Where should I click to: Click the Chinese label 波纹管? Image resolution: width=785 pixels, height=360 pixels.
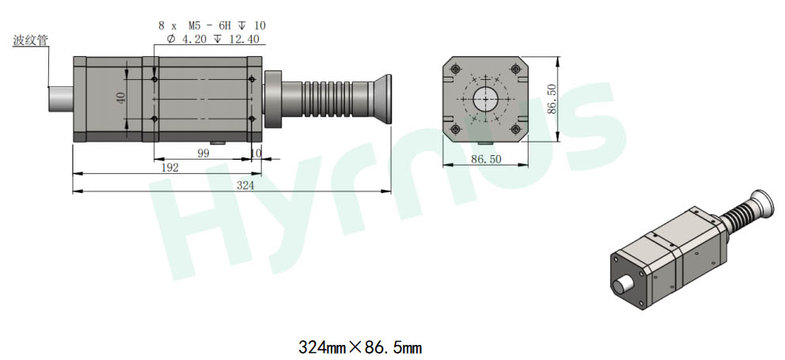click(31, 40)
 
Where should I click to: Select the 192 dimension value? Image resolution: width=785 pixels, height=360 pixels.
click(170, 168)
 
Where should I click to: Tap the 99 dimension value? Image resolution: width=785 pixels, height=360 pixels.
click(203, 153)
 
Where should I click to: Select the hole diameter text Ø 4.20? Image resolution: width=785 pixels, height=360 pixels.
click(187, 39)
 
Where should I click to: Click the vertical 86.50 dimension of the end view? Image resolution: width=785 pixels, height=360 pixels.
click(552, 99)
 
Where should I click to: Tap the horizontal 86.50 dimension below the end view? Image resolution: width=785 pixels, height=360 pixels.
click(486, 159)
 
